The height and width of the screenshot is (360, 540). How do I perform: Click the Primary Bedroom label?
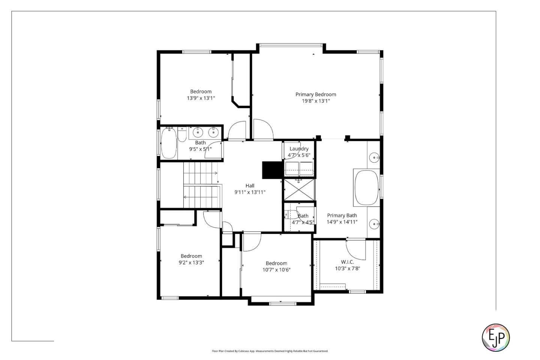[x=315, y=94]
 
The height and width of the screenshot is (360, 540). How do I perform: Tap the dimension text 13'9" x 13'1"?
[x=201, y=98]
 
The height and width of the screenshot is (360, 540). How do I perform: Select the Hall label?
[x=250, y=186]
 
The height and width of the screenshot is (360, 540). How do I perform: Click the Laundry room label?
[x=299, y=149]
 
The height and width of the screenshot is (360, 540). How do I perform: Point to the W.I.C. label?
[x=347, y=262]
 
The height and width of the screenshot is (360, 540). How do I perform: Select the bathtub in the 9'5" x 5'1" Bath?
[x=169, y=143]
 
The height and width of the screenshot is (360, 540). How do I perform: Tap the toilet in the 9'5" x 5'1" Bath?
[x=182, y=136]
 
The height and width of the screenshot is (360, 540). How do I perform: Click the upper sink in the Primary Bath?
[x=374, y=157]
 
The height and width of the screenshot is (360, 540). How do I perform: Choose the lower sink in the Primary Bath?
[x=374, y=224]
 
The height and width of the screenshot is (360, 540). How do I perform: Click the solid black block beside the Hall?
[x=272, y=170]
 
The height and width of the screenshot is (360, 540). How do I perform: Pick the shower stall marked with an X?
[x=299, y=190]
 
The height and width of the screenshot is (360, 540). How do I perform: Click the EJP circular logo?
[x=495, y=337]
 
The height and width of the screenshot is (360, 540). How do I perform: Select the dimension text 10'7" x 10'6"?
[x=276, y=270]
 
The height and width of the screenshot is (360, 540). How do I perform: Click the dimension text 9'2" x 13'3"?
[x=191, y=263]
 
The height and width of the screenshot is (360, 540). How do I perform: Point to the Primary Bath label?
[x=342, y=215]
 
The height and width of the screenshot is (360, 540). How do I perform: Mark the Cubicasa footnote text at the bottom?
[x=270, y=351]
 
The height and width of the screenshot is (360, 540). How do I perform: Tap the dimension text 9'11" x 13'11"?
[x=250, y=192]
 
